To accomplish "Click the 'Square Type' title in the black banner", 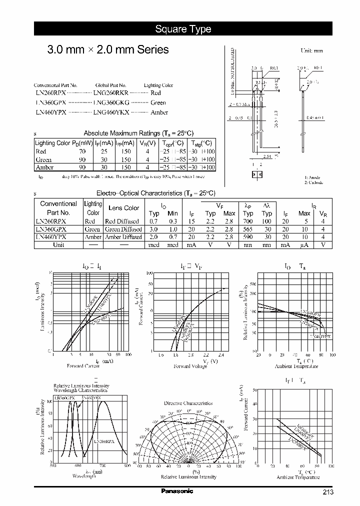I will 183,29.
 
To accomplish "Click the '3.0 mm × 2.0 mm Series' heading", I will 107,49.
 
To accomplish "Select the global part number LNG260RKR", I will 111,93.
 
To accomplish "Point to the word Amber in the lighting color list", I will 159,112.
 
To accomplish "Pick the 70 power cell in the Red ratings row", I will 82,151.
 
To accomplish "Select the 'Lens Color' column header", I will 123,208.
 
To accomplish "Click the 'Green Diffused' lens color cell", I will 123,229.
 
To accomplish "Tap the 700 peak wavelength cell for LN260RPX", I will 248,221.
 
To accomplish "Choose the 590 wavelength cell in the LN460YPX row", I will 248,237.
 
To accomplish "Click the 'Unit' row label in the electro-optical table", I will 58,245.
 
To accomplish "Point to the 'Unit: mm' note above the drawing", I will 311,50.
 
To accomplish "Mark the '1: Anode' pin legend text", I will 313,177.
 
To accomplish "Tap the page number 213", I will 327,492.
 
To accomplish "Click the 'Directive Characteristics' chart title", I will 188,403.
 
